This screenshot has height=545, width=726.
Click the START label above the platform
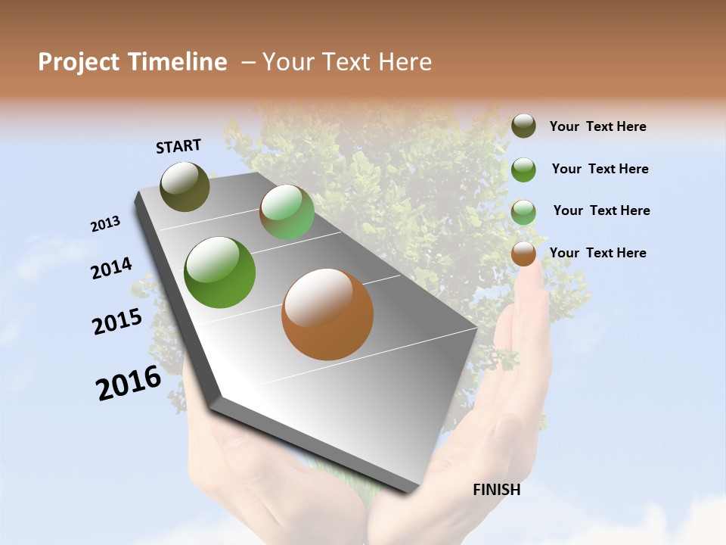[178, 146]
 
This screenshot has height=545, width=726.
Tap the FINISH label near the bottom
[496, 490]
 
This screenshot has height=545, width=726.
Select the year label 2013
[105, 224]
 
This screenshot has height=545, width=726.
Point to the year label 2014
[111, 269]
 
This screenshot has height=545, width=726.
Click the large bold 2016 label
[129, 383]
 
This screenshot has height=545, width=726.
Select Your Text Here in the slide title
[347, 62]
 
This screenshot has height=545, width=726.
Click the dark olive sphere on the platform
[185, 186]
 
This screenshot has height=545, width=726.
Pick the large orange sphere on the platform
[327, 314]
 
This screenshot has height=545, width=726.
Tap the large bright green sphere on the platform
[220, 272]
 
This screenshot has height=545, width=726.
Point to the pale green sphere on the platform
[287, 212]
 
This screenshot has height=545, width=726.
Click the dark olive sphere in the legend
[523, 126]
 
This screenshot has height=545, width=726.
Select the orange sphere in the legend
[523, 254]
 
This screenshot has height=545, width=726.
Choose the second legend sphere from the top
[523, 170]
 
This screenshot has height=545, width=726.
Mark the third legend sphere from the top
[523, 212]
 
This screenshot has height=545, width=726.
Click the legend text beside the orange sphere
[597, 253]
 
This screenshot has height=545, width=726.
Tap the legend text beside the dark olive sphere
[597, 126]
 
